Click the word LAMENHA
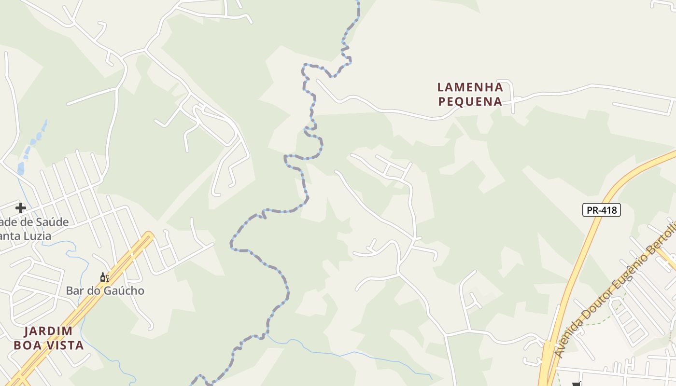[470, 87]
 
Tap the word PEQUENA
[470, 102]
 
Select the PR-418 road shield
[601, 210]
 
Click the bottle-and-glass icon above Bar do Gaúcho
[104, 277]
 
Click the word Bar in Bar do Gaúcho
[74, 291]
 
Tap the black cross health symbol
[20, 208]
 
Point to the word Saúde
[52, 222]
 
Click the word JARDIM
[48, 331]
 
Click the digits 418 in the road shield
[608, 210]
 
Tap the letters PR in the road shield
[591, 210]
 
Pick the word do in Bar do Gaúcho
[94, 291]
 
